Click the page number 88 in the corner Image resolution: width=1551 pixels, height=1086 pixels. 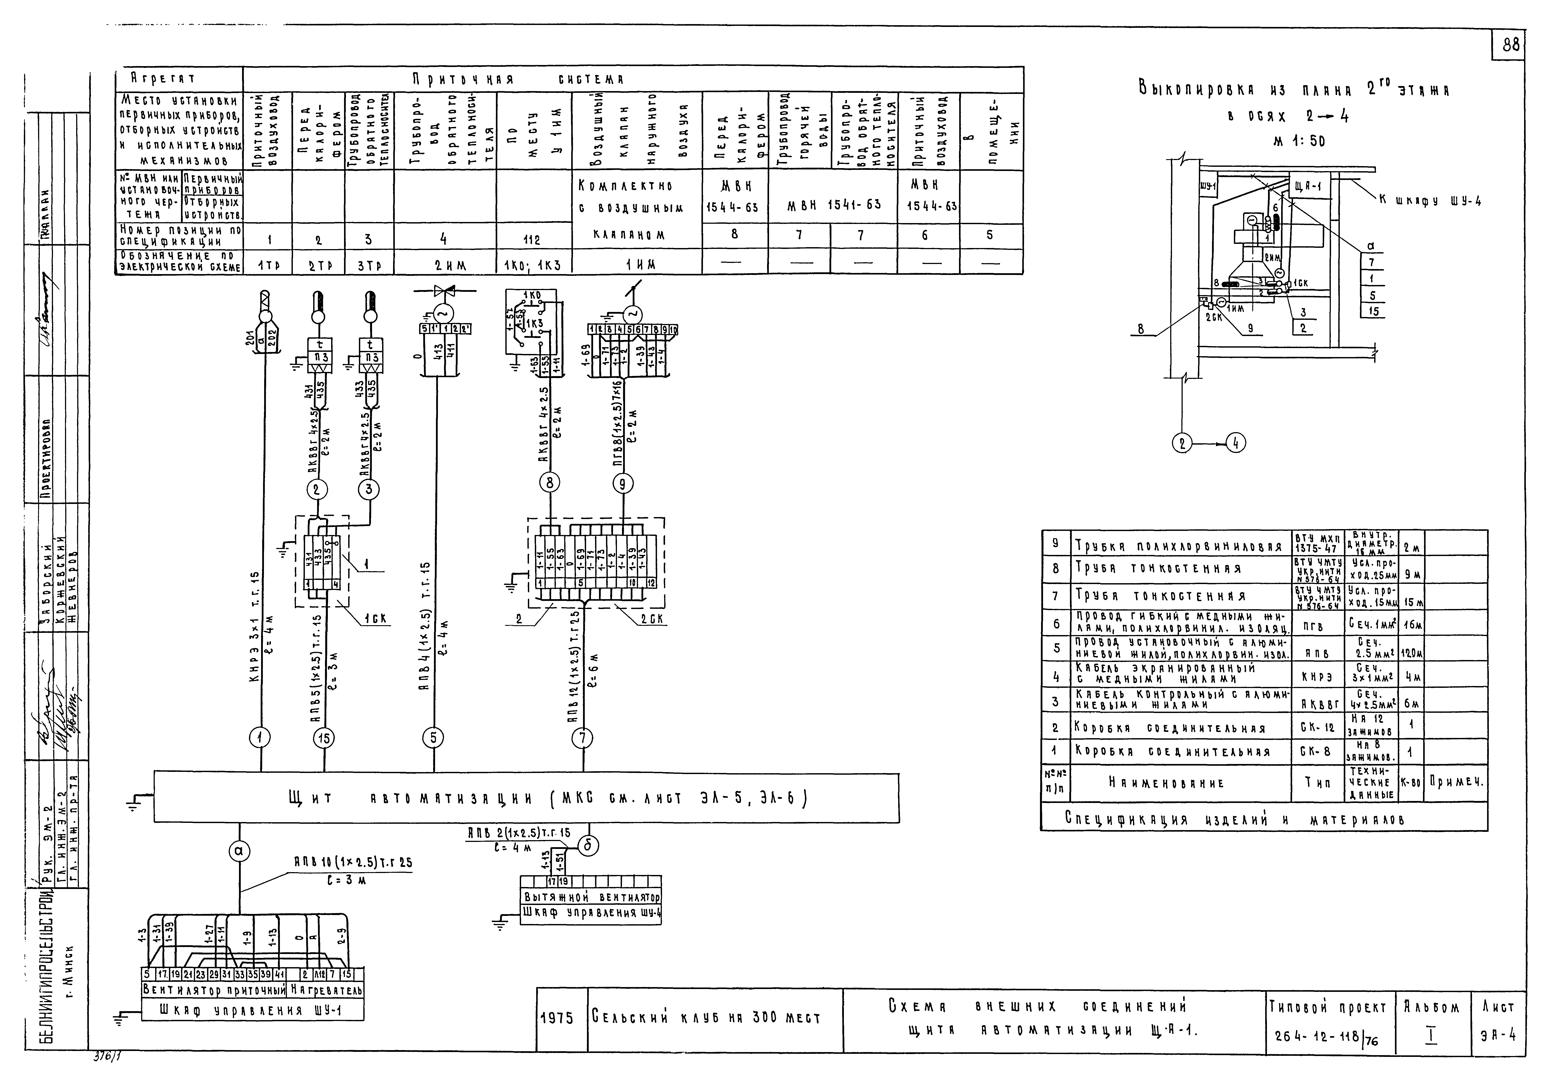pyautogui.click(x=1511, y=45)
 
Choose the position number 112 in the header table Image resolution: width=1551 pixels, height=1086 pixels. pyautogui.click(x=532, y=240)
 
